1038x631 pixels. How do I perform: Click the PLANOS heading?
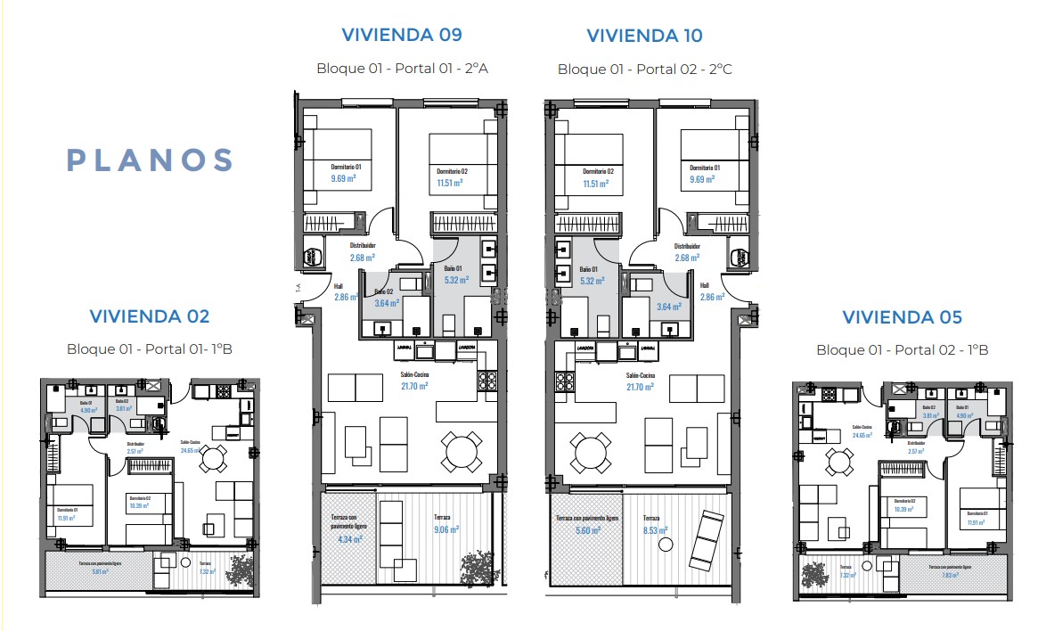(x=151, y=160)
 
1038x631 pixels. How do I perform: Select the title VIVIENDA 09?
(x=402, y=35)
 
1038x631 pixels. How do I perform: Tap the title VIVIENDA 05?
(x=902, y=316)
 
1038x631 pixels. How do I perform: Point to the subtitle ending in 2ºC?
(x=644, y=69)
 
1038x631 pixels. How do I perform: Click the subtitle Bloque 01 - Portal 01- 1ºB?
(x=149, y=348)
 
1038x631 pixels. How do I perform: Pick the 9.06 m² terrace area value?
(x=445, y=529)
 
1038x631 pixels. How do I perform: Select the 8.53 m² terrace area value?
(x=655, y=529)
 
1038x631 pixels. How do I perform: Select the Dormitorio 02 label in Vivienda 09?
(x=452, y=171)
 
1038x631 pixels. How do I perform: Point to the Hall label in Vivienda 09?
(x=339, y=286)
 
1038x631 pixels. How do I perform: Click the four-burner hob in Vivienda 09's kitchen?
(x=488, y=381)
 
